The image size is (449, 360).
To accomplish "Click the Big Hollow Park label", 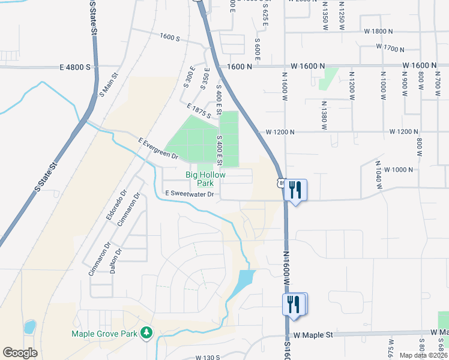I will [x=205, y=179].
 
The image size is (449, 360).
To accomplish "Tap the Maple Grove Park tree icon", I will [x=146, y=333].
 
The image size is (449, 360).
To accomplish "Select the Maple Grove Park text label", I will [x=105, y=334].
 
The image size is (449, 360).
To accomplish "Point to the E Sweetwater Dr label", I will [x=190, y=194].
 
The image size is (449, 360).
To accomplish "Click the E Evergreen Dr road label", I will [x=158, y=149].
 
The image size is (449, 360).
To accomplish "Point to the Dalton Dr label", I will [x=116, y=260].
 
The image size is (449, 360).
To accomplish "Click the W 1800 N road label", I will [x=378, y=31].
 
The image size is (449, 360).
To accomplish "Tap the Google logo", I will [x=20, y=353].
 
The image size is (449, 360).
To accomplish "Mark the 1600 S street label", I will [x=170, y=38].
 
